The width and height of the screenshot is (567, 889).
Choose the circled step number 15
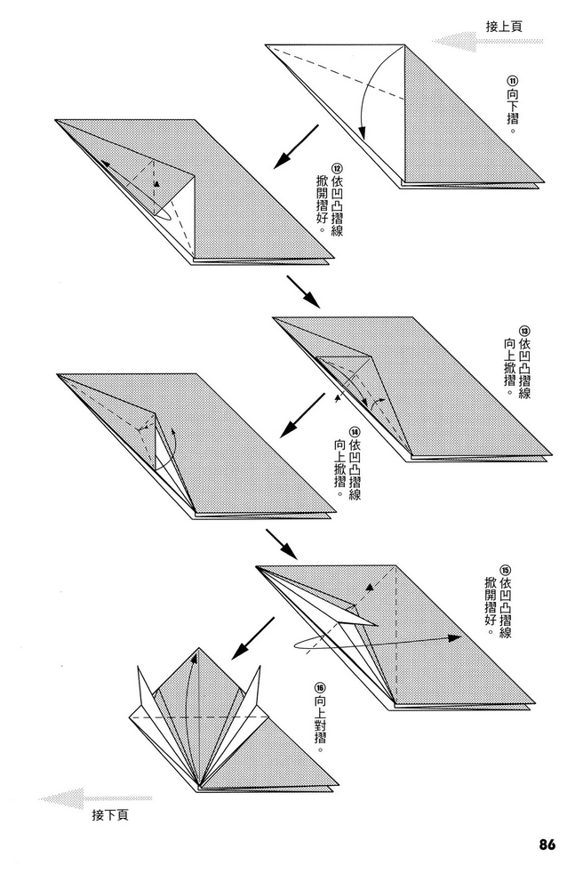coord(505,570)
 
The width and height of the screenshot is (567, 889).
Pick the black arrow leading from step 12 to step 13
coord(303,292)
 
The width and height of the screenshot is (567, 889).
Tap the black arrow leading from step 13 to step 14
coord(302,416)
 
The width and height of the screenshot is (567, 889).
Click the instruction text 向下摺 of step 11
coord(511,109)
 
